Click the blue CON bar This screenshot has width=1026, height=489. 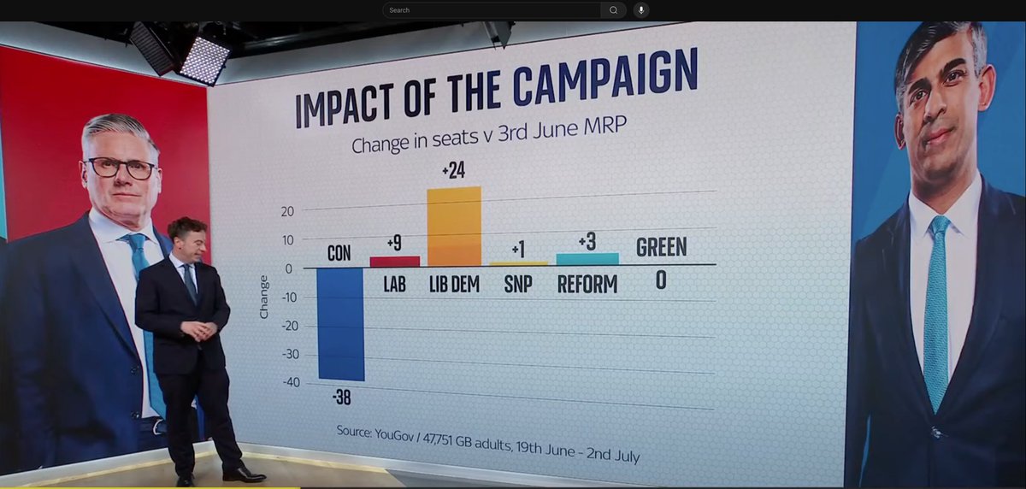click(x=340, y=323)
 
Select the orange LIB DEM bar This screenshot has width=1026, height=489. click(x=454, y=227)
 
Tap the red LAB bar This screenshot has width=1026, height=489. click(x=394, y=261)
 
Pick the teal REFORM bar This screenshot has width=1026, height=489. click(x=587, y=259)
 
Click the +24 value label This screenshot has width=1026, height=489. click(x=453, y=171)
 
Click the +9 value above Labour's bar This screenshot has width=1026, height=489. click(x=394, y=244)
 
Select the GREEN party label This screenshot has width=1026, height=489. click(x=661, y=248)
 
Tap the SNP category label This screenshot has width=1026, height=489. click(x=517, y=284)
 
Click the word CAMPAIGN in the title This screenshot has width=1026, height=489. click(x=604, y=80)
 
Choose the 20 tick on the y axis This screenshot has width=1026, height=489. click(x=287, y=211)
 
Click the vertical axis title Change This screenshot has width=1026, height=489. click(x=264, y=297)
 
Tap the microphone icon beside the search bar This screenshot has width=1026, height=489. click(x=641, y=10)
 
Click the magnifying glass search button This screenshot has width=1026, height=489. click(x=613, y=10)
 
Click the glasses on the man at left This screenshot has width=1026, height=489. click(x=121, y=168)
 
